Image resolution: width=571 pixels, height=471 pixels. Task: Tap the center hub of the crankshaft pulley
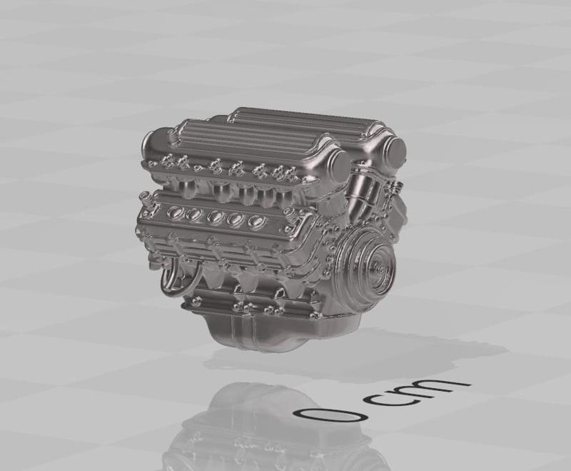coord(376,269)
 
